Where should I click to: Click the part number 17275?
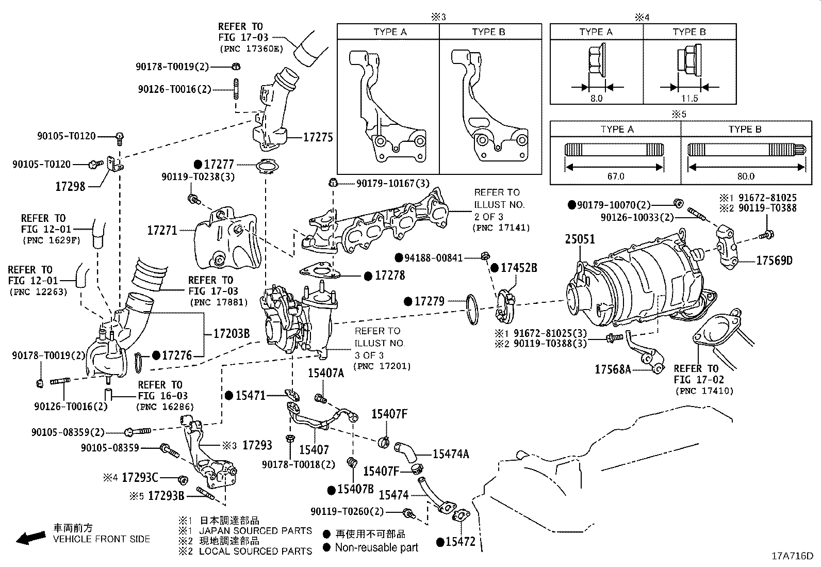pyautogui.click(x=318, y=137)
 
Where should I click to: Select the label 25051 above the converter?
pyautogui.click(x=580, y=239)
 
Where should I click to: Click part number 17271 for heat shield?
pyautogui.click(x=162, y=231)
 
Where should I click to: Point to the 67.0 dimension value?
pyautogui.click(x=615, y=176)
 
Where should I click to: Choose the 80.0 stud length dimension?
pyautogui.click(x=745, y=176)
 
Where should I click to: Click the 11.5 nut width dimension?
pyautogui.click(x=689, y=98)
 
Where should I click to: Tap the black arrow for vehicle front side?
pyautogui.click(x=30, y=538)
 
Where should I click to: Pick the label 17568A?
pyautogui.click(x=613, y=369)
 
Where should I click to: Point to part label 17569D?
pyautogui.click(x=774, y=261)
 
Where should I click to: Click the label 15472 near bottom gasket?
pyautogui.click(x=460, y=542)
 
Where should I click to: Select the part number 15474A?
pyautogui.click(x=451, y=454)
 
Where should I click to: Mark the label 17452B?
pyautogui.click(x=519, y=268)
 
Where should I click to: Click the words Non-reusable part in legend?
pyautogui.click(x=376, y=547)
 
